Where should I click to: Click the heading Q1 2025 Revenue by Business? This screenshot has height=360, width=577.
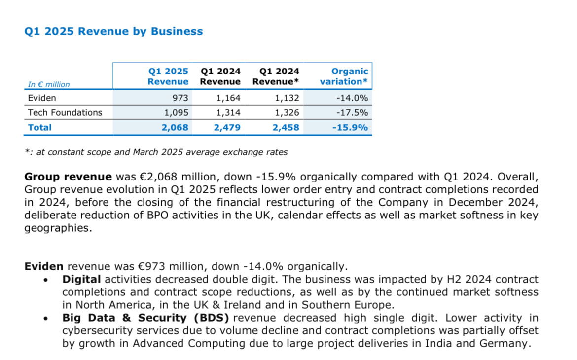[113, 31]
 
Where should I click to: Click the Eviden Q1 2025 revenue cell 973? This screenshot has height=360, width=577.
[180, 98]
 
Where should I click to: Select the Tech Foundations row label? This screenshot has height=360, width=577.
[65, 112]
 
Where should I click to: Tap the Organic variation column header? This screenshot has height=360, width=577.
[344, 76]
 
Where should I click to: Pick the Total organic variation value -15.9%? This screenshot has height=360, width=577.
[350, 127]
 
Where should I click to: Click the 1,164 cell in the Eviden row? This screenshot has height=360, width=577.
[228, 98]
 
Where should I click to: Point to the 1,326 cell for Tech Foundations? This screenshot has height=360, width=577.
[287, 112]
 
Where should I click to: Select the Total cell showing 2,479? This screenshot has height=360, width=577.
[227, 127]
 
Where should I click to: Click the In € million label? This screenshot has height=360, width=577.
[48, 84]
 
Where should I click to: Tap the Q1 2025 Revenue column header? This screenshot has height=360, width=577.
[168, 76]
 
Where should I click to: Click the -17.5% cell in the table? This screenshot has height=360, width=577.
[352, 112]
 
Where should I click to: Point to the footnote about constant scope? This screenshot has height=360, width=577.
[156, 152]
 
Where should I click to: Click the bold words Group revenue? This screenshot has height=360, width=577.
[68, 177]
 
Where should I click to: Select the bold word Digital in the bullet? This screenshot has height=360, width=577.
[81, 280]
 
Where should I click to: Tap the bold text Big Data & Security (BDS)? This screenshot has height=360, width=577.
[145, 318]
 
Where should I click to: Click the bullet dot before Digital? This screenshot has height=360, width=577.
[46, 280]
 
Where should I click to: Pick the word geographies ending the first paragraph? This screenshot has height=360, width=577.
[58, 228]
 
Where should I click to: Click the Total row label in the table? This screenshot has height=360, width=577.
[40, 127]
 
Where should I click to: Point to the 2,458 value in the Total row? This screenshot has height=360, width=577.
[286, 127]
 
